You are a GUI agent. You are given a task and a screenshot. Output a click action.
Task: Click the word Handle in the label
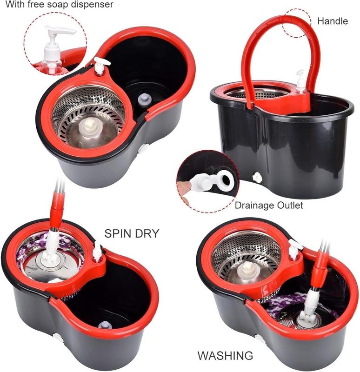coord(332,21)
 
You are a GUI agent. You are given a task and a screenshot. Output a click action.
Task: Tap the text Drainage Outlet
coord(269,205)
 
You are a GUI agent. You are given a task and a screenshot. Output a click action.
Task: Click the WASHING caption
coord(225,356)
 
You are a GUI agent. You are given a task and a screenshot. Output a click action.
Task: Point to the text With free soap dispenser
coord(56,5)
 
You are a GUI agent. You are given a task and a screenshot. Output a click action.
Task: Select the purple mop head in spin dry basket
coord(28,256)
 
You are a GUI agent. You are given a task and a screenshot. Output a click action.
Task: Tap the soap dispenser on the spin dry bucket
coord(98,252)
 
